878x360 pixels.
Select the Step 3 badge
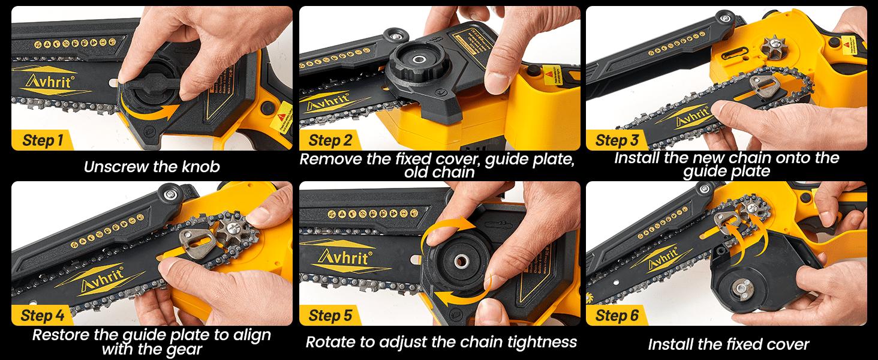pos(617,141)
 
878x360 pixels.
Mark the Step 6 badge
pos(617,316)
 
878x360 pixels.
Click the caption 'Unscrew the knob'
pos(152,166)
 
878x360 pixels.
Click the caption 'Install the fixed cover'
pos(728,344)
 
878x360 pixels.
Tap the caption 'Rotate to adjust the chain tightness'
pos(441,342)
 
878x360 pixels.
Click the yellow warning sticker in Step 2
pos(548,76)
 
